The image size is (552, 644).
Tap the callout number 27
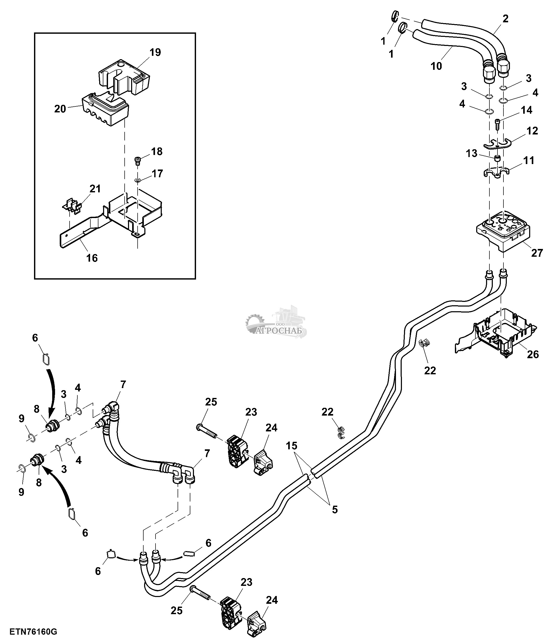(x=537, y=253)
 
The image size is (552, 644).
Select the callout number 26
(x=533, y=354)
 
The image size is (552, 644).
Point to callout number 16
(x=92, y=258)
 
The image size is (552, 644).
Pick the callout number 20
(x=60, y=109)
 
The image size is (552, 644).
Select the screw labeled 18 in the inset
(x=137, y=161)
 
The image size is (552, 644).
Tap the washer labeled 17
(x=138, y=180)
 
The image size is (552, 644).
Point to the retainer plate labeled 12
(x=497, y=145)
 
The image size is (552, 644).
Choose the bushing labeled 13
(x=498, y=159)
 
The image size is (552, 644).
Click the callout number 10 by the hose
(x=436, y=66)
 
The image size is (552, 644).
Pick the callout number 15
(x=292, y=446)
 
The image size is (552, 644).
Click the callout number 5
(x=335, y=510)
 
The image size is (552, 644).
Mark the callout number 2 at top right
(x=505, y=19)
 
